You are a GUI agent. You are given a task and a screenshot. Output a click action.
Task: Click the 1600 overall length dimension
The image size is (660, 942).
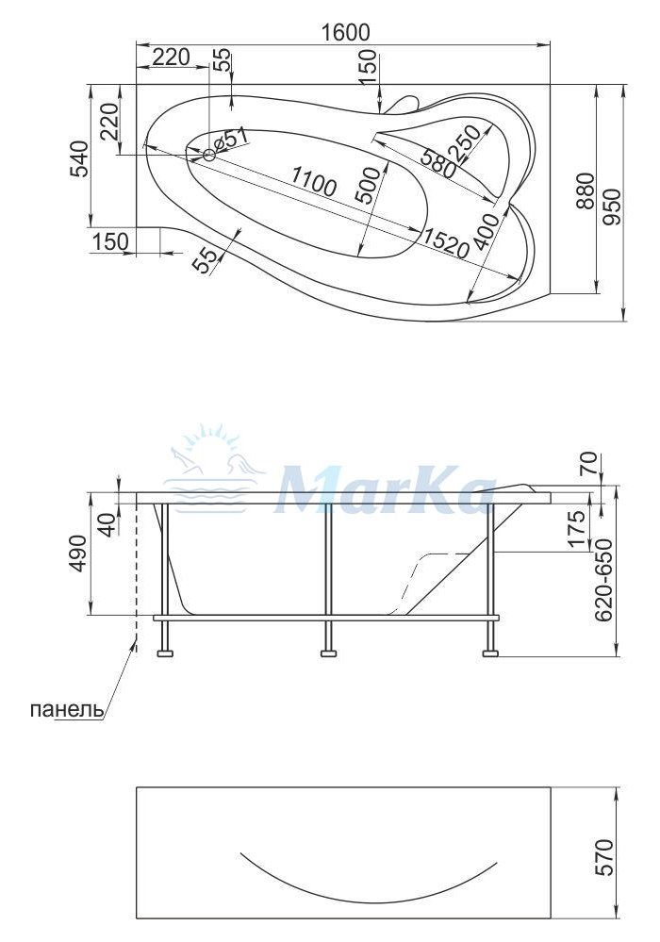[x=344, y=32]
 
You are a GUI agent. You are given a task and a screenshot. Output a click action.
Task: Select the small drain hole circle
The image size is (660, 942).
[x=209, y=155]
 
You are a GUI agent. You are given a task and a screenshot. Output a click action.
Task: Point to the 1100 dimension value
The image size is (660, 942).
[x=314, y=181]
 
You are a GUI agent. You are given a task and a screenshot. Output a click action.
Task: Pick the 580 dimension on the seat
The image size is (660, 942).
[x=437, y=163]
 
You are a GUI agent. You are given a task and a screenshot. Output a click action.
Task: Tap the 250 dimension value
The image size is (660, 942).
[x=469, y=142]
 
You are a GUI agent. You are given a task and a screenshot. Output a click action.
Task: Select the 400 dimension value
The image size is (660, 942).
[x=486, y=231]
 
